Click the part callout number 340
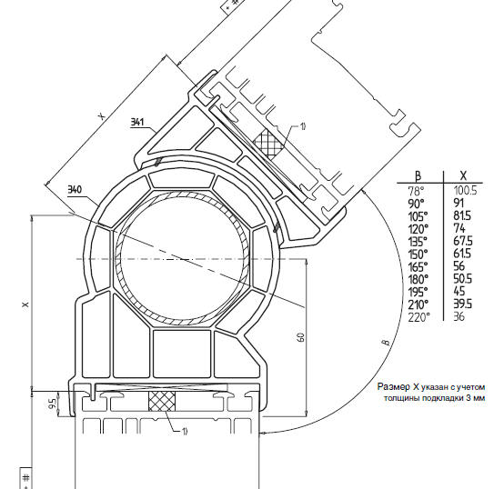point(75,190)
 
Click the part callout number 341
point(137,122)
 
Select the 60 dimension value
point(300,337)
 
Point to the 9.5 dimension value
point(54,404)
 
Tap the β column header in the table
point(418,176)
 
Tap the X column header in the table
point(463,175)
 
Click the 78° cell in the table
point(416,191)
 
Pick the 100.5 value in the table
point(465,190)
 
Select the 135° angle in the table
point(418,242)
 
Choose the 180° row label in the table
point(418,279)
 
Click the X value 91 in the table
point(459,204)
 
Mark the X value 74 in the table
point(459,228)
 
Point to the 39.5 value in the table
point(462,304)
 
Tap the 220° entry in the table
point(419,317)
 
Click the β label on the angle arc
point(387,342)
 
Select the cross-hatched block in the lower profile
point(162,401)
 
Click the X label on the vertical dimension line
point(25,304)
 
